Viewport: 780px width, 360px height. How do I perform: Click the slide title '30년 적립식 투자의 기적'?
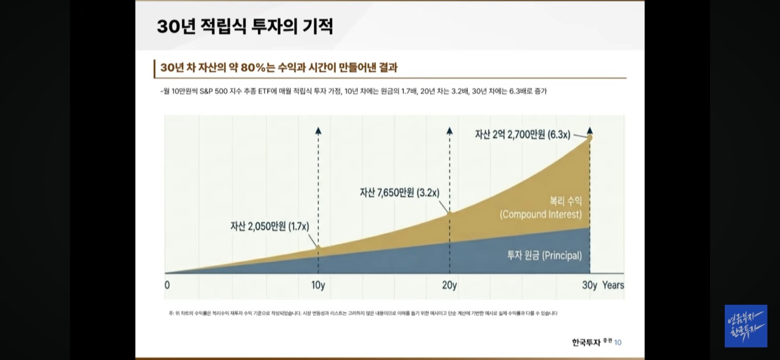coord(245,27)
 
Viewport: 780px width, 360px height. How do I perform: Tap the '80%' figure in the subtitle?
coord(250,68)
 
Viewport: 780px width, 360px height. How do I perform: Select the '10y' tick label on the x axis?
coord(318,285)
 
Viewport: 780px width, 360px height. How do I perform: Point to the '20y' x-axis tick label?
coord(450,285)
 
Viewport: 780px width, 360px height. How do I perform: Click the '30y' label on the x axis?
coord(589,285)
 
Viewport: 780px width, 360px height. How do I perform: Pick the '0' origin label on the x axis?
coord(167,285)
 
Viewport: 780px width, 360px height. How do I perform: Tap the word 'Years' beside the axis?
coord(613,285)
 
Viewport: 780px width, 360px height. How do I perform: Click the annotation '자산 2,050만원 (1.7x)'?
coord(270,226)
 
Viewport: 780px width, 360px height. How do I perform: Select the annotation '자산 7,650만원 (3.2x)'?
coord(399,192)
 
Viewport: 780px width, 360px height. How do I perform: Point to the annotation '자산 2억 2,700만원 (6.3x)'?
coord(522,134)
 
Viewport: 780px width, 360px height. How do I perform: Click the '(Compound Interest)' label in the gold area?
coord(541,214)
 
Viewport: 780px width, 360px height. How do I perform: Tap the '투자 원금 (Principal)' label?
coord(544,256)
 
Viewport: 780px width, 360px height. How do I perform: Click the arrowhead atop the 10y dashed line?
coord(318,130)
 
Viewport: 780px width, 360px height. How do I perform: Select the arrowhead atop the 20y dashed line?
coord(450,130)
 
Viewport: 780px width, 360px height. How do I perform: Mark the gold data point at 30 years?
coord(589,138)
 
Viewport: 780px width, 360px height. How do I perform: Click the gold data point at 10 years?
coord(318,248)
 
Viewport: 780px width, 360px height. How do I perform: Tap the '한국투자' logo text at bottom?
coord(587,342)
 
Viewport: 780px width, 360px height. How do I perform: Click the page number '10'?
coord(618,342)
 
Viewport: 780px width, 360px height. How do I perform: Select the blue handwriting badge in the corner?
coord(746,326)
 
